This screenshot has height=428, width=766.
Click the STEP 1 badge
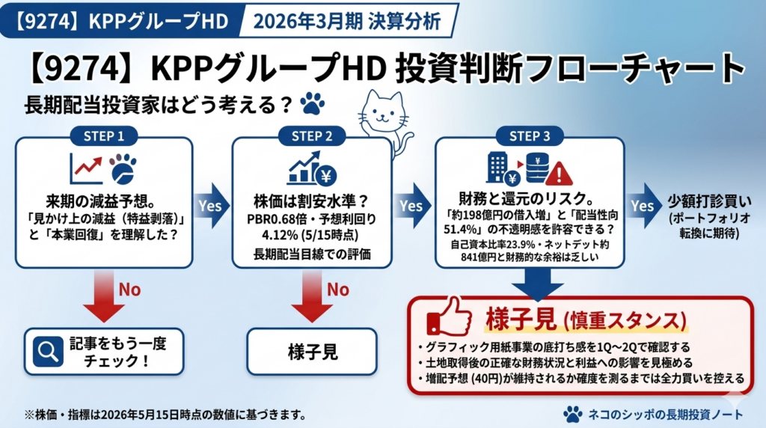(104, 136)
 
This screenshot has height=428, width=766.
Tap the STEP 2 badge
(312, 136)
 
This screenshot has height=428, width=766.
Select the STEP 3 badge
(530, 136)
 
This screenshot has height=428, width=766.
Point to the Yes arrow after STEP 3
(645, 206)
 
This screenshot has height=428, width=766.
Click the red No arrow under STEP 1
(103, 296)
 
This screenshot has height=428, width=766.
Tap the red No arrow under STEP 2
(312, 296)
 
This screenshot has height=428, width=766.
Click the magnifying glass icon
(48, 351)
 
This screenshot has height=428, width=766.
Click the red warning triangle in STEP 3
(559, 174)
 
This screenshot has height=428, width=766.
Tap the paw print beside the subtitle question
(312, 103)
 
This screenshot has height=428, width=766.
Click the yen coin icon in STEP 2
(326, 175)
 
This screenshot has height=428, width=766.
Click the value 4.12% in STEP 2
(280, 235)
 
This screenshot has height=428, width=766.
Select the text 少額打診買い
(709, 201)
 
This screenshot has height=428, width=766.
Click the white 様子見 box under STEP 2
(312, 352)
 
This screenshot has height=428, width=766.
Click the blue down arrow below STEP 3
(538, 284)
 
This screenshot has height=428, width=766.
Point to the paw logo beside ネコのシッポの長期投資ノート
(573, 415)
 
